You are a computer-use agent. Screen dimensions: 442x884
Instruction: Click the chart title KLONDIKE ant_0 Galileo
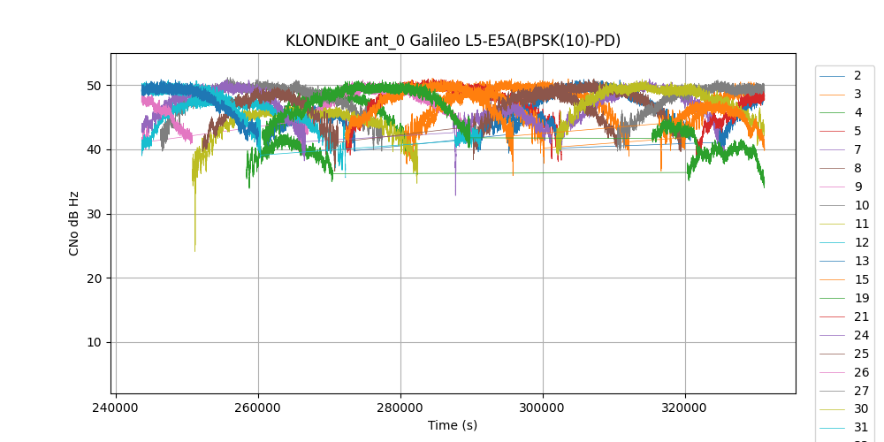[453, 41]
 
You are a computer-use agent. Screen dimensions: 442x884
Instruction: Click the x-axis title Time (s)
[453, 425]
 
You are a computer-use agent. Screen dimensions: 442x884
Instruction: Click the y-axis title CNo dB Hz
[74, 224]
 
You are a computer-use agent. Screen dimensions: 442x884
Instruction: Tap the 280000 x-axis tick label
[400, 408]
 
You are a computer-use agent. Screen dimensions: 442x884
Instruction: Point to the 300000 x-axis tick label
[543, 408]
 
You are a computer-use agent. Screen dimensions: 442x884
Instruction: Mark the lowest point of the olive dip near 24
[195, 252]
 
